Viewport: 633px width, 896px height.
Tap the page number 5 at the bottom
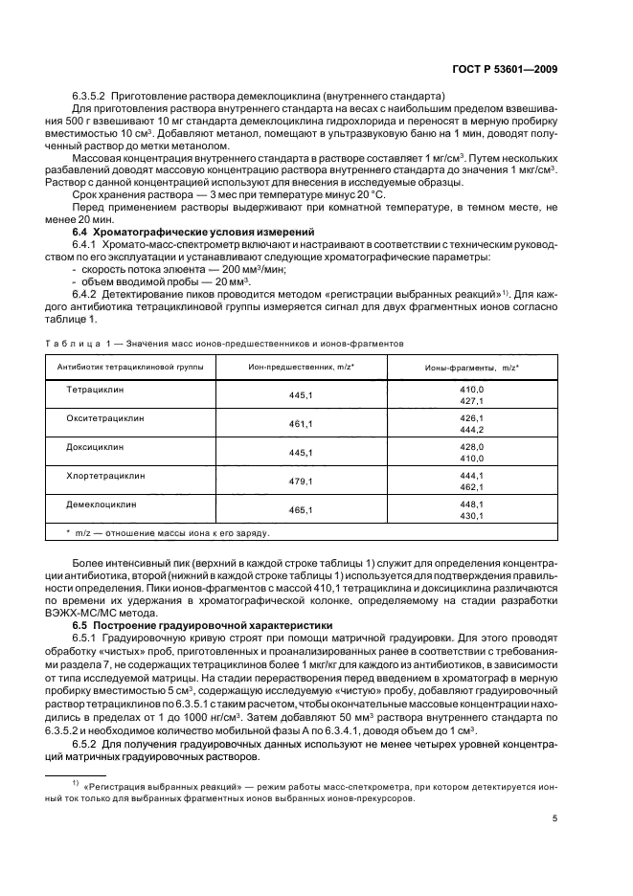click(555, 818)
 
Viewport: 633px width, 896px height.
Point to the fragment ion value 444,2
click(473, 430)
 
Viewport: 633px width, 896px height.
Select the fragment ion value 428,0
click(473, 447)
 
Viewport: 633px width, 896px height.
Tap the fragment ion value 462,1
click(473, 485)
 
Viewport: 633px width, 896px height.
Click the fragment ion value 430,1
click(473, 516)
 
